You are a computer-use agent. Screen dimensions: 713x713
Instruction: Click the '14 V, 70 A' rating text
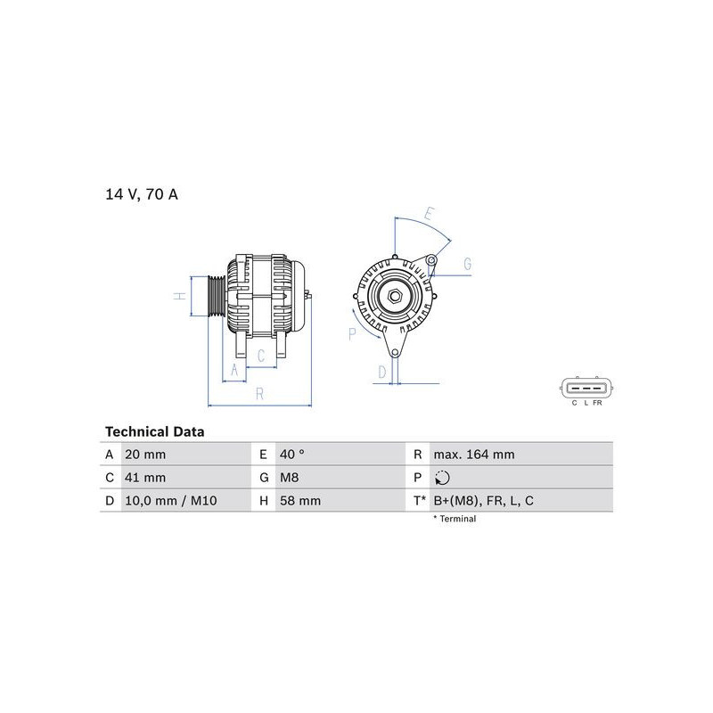[142, 194]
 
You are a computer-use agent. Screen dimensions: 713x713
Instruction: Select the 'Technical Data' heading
[154, 431]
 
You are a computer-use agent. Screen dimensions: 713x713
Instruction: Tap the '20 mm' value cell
[145, 455]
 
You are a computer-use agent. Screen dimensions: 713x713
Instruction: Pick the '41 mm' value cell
[145, 478]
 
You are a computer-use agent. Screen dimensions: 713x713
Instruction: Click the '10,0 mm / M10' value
[170, 501]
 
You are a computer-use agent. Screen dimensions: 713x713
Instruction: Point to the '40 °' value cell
[292, 455]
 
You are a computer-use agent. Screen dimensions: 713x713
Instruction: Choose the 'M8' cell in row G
[289, 478]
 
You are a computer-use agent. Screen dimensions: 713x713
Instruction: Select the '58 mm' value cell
[300, 501]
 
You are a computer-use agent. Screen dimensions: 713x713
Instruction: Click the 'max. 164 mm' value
[474, 455]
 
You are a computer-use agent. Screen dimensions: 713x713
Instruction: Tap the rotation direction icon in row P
[442, 478]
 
